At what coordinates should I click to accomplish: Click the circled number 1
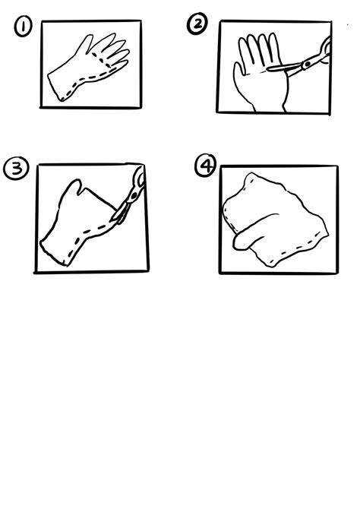coord(24,27)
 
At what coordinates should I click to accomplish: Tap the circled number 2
coord(197,24)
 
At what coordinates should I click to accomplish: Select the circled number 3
coord(16,169)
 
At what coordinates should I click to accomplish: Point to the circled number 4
coord(206,165)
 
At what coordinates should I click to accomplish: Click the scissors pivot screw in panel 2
coord(307,64)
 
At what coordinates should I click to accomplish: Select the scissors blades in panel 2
coord(285,68)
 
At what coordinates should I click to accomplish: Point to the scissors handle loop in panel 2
coord(326,49)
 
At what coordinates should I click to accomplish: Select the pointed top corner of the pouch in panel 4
coord(251,174)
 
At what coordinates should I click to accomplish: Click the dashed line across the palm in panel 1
coord(101,60)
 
